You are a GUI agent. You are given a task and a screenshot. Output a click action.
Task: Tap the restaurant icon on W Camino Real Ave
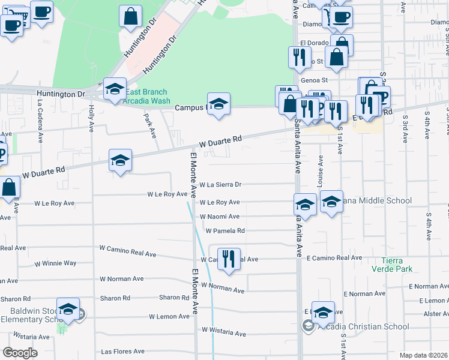pos(228,258)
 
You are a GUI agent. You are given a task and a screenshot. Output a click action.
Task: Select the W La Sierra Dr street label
pos(220,185)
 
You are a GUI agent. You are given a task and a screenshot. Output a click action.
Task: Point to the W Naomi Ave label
pos(220,217)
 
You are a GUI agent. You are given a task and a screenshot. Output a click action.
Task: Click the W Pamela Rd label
pos(225,230)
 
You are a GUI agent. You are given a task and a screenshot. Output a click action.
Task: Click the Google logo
pos(20,353)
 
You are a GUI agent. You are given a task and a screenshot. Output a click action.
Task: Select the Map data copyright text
pos(424,355)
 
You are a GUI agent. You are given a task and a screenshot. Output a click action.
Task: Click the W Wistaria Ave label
pos(224,331)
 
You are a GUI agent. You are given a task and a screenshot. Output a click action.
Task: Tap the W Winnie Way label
pos(55,263)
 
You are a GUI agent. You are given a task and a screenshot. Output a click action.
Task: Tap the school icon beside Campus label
pos(219,103)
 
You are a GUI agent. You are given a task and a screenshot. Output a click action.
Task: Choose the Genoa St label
pos(315,79)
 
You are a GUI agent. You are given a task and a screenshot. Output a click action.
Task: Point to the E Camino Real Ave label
pos(334,258)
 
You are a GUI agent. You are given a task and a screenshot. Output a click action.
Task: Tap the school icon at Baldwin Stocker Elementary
pos(68,310)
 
